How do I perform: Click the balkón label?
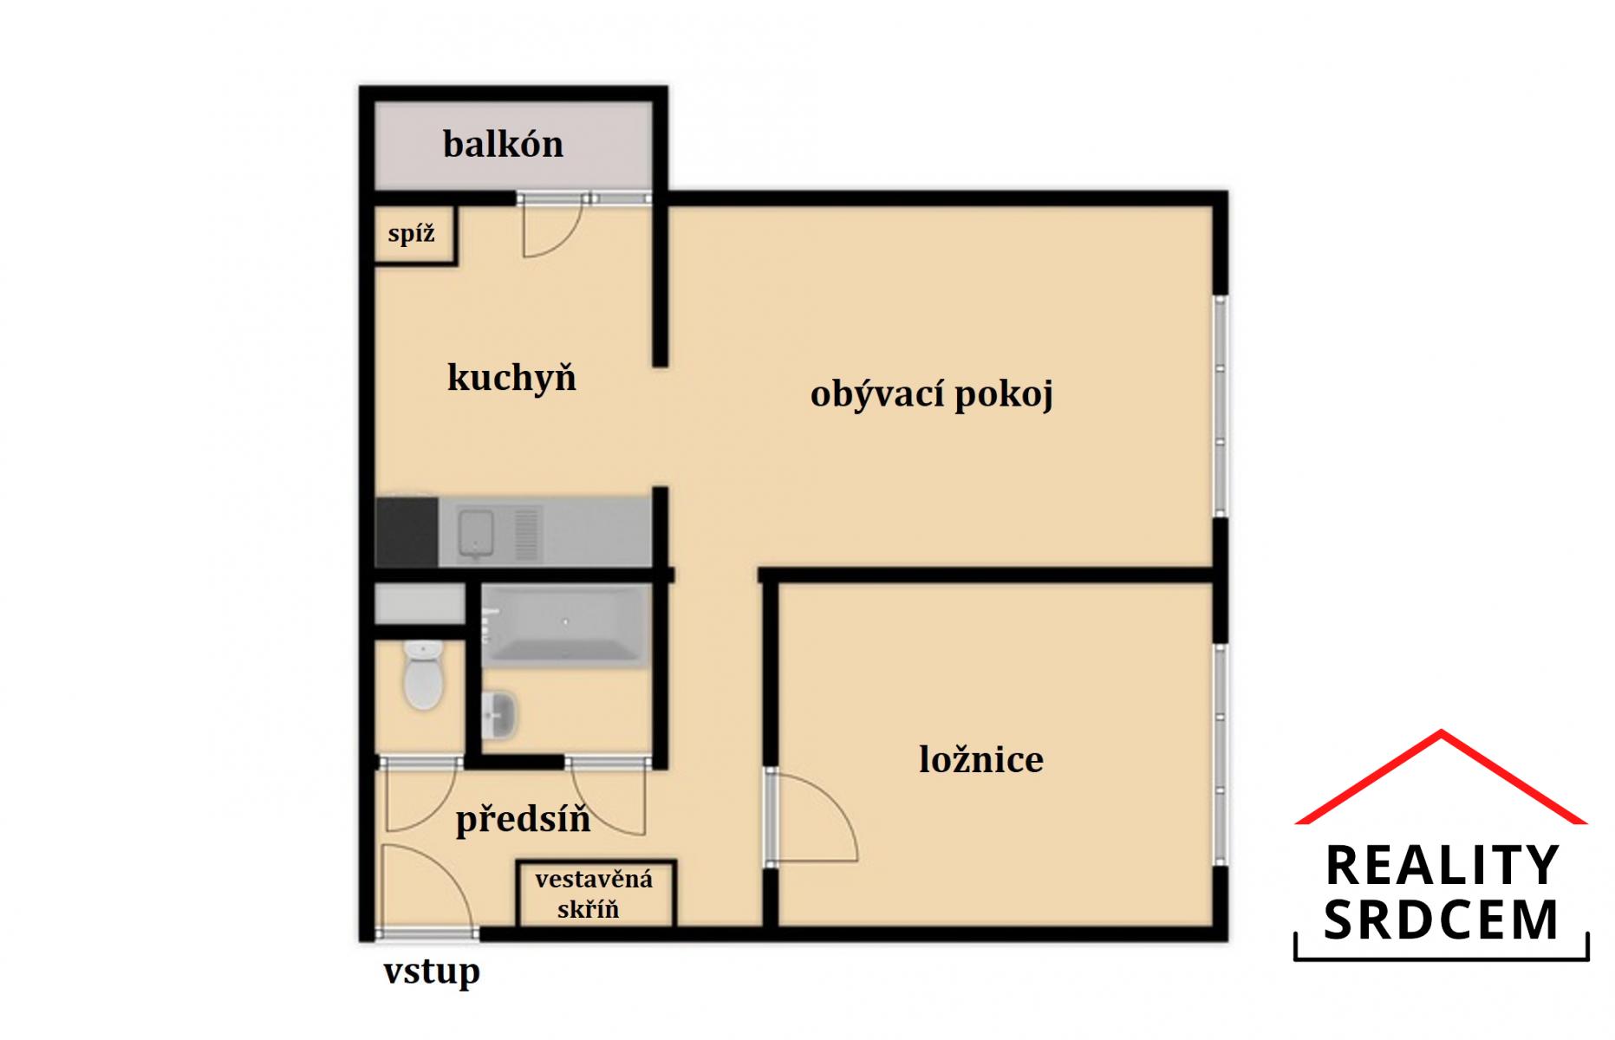(503, 144)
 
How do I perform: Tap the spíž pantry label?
(411, 233)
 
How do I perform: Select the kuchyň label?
(511, 378)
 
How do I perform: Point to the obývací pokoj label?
(932, 394)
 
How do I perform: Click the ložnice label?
(981, 759)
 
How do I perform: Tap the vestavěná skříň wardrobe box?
(595, 894)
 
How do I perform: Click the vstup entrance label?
(432, 972)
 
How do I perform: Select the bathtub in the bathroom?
(565, 624)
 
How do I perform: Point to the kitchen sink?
(476, 532)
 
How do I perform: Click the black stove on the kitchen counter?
(407, 531)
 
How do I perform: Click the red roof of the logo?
(1441, 776)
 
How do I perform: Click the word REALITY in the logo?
(1442, 865)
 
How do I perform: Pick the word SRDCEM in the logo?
(1441, 920)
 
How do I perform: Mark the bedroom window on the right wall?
(1221, 754)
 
